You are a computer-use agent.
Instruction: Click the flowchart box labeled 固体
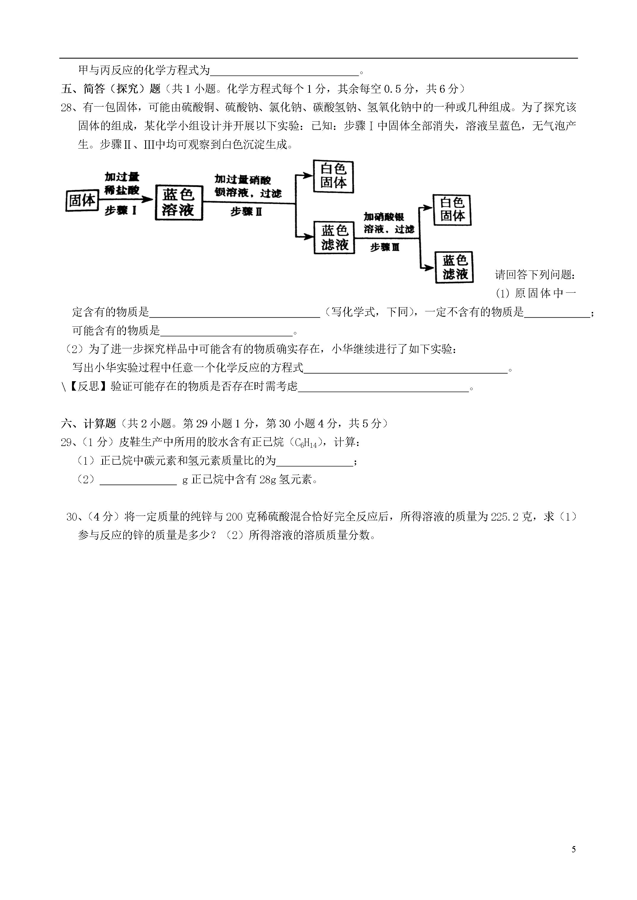[82, 201]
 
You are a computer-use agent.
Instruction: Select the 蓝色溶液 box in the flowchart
[179, 203]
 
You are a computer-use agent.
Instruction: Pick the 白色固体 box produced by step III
[452, 210]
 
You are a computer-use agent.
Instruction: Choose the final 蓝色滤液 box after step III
[454, 267]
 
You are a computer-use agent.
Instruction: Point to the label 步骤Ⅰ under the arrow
[121, 211]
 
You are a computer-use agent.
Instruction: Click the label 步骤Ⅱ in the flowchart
[246, 212]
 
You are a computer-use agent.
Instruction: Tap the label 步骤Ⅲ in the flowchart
[385, 247]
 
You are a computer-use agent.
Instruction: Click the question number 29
[66, 442]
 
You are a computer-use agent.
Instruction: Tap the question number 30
[72, 517]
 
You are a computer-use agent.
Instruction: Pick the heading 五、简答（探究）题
[111, 89]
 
